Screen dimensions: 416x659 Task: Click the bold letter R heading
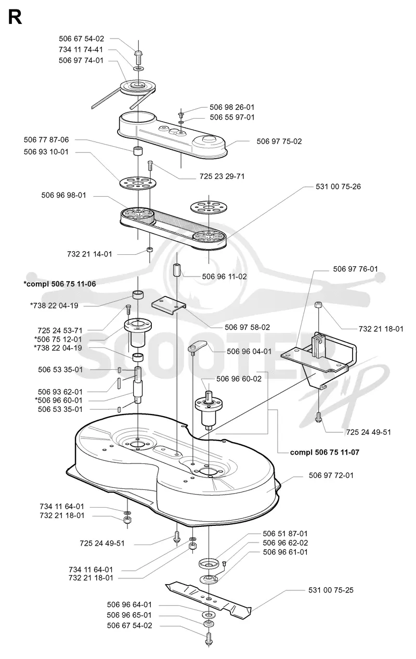pos(15,17)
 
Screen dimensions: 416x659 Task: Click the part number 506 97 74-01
pos(81,60)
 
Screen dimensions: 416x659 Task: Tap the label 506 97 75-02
pos(279,141)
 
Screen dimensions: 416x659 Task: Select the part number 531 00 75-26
pos(338,187)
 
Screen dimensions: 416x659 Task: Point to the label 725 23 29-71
pos(222,176)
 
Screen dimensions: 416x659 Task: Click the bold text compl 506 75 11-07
pos(324,452)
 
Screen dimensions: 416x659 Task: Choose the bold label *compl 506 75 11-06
pos(60,283)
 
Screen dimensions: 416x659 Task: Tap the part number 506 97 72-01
pos(331,475)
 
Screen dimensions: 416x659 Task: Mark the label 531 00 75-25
pos(331,590)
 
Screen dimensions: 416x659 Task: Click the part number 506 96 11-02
pos(225,277)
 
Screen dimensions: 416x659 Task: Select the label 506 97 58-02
pos(247,327)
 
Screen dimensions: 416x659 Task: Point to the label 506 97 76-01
pos(355,269)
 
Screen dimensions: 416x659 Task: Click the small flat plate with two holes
pos(169,306)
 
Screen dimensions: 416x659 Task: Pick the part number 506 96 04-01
pos(249,351)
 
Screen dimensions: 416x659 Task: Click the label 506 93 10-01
pos(46,152)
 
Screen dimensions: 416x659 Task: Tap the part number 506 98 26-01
pos(232,107)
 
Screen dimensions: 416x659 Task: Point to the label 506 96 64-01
pos(129,604)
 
